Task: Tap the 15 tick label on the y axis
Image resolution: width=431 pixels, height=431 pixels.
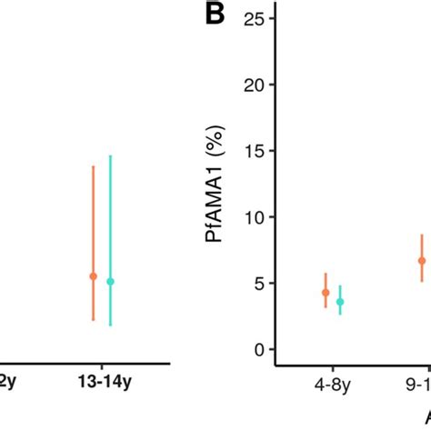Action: pyautogui.click(x=263, y=151)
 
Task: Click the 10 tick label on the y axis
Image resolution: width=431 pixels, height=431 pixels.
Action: pyautogui.click(x=263, y=217)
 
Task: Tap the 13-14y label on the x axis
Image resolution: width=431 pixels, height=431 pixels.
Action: pyautogui.click(x=101, y=385)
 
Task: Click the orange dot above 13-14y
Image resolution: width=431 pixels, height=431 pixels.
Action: pyautogui.click(x=93, y=276)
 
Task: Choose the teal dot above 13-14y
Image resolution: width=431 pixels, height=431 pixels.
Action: pyautogui.click(x=110, y=282)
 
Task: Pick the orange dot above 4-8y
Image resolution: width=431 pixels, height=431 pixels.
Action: pyautogui.click(x=326, y=292)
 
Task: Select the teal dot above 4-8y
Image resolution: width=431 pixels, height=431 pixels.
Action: pyautogui.click(x=340, y=301)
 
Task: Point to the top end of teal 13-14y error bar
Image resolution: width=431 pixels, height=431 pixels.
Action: pyautogui.click(x=110, y=155)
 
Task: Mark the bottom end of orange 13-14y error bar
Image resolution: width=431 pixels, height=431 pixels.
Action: pyautogui.click(x=93, y=320)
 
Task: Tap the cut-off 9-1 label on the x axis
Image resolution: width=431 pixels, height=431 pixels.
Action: pyautogui.click(x=417, y=386)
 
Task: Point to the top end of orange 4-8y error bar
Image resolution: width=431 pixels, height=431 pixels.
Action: pyautogui.click(x=326, y=273)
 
